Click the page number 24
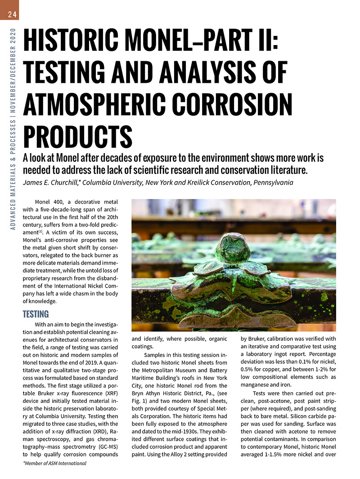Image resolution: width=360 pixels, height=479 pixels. [x=12, y=15]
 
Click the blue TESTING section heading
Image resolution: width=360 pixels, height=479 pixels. [x=36, y=314]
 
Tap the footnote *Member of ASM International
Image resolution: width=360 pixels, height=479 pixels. [x=54, y=463]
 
